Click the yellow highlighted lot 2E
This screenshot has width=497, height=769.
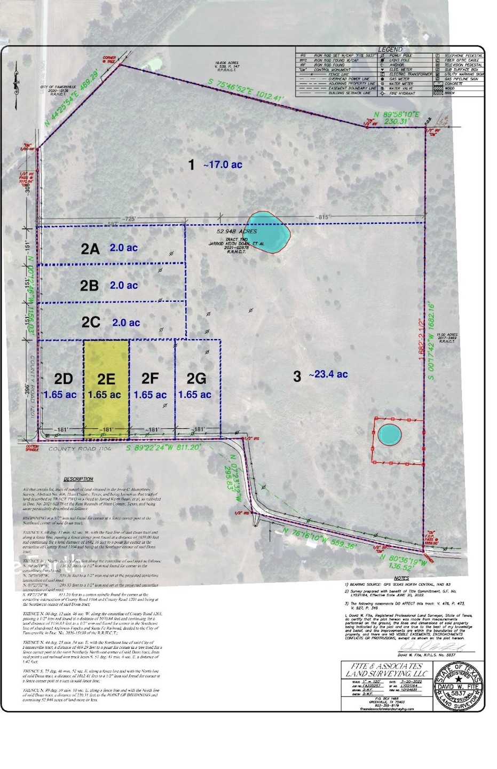click(106, 384)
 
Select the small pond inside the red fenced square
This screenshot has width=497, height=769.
click(390, 435)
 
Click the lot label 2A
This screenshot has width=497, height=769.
click(90, 249)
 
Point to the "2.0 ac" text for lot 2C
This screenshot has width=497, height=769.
click(126, 323)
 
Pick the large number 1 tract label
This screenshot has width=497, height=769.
click(192, 165)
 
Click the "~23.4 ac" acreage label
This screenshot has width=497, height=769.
click(328, 374)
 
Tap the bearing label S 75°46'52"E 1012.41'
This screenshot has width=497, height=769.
click(246, 90)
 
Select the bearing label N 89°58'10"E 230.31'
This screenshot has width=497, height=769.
click(397, 117)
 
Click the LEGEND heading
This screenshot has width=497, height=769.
click(390, 50)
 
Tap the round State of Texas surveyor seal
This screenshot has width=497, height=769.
click(459, 686)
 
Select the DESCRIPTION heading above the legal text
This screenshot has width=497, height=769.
click(78, 479)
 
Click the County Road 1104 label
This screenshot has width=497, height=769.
click(80, 449)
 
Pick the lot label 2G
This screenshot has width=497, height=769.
click(196, 379)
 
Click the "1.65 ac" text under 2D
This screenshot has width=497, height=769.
click(60, 395)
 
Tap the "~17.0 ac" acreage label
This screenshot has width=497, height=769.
click(223, 165)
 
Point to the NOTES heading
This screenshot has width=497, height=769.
click(401, 578)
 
